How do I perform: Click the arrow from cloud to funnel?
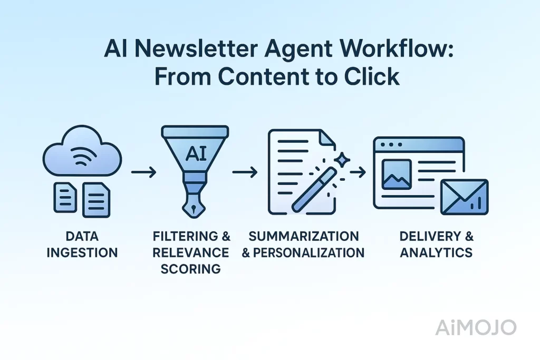pos(143,172)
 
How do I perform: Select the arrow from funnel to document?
pos(245,172)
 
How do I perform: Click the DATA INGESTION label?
pos(82,244)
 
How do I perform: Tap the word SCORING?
pos(191,268)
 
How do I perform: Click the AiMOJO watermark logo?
pos(476,327)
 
